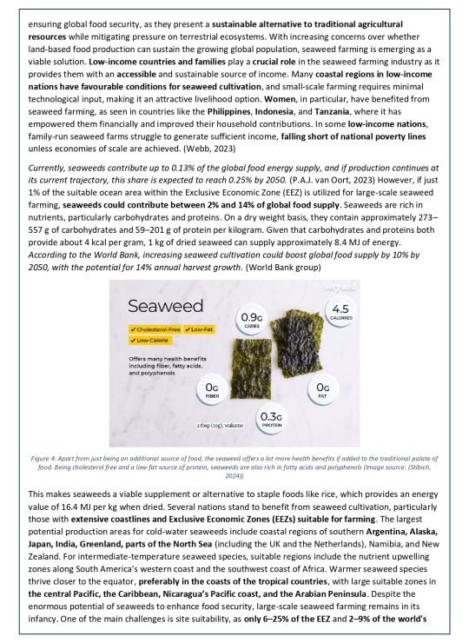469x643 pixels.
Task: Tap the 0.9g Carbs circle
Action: (253, 320)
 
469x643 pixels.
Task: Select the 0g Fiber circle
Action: (212, 390)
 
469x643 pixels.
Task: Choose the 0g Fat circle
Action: (322, 390)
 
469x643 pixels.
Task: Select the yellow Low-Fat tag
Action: (207, 329)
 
